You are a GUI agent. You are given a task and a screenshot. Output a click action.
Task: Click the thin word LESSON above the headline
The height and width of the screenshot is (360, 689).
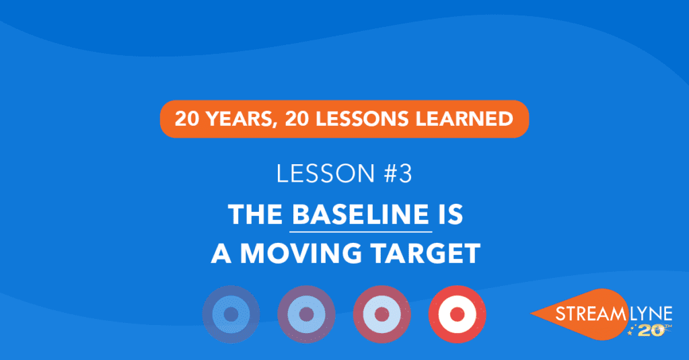325,173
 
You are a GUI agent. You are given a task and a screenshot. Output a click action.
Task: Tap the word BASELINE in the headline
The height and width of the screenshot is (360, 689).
361,215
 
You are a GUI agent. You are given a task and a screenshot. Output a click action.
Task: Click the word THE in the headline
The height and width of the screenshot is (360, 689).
255,215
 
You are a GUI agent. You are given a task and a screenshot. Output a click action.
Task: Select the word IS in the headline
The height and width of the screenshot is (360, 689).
450,215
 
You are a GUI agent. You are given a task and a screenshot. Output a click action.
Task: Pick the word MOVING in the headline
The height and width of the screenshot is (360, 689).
301,254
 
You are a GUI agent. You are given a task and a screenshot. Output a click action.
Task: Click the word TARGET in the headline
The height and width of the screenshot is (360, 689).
425,254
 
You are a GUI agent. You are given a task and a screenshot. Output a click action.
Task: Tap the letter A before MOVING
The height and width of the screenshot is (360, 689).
221,254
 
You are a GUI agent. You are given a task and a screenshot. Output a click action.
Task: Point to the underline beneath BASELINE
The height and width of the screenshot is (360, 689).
361,231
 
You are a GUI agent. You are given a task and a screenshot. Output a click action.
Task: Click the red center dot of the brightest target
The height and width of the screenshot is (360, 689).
458,314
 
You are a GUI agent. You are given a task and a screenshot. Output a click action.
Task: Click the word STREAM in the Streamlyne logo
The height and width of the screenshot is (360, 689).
589,314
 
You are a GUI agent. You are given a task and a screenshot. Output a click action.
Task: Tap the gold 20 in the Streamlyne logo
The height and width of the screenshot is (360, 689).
651,331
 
